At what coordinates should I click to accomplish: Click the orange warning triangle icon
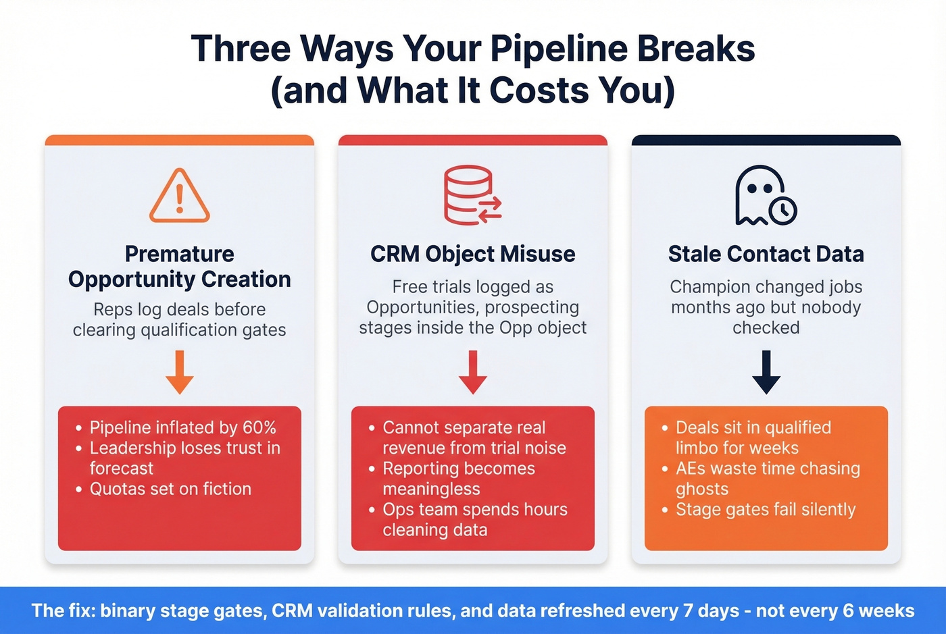pyautogui.click(x=180, y=196)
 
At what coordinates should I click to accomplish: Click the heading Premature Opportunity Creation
pyautogui.click(x=180, y=267)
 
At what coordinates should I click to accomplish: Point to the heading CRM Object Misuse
pyautogui.click(x=473, y=254)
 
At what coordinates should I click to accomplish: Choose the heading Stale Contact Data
pyautogui.click(x=766, y=254)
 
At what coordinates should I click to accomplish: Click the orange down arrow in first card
pyautogui.click(x=180, y=372)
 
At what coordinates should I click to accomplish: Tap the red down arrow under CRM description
pyautogui.click(x=473, y=372)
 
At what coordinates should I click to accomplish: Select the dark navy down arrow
pyautogui.click(x=766, y=372)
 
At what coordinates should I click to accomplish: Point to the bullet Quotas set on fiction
pyautogui.click(x=170, y=489)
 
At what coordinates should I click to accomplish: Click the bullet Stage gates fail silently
pyautogui.click(x=766, y=510)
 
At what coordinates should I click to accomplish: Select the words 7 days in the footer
pyautogui.click(x=711, y=611)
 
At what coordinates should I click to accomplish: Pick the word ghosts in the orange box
pyautogui.click(x=702, y=490)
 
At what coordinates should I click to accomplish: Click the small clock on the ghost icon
pyautogui.click(x=783, y=210)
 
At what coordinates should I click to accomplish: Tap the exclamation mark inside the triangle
pyautogui.click(x=180, y=199)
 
